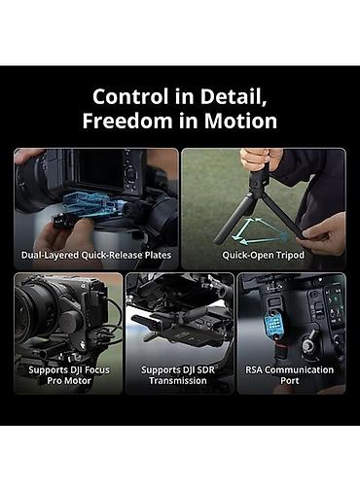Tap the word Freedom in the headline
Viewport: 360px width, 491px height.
tap(126, 121)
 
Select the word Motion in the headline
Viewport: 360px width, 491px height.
tap(240, 121)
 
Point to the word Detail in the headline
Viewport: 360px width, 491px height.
tap(234, 97)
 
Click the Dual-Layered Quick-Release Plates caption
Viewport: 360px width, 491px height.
tap(96, 255)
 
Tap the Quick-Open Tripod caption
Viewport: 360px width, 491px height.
tap(263, 255)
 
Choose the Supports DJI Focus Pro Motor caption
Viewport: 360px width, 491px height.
tap(69, 375)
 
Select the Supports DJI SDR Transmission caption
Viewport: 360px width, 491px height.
tap(178, 375)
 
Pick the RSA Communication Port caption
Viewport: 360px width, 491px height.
tap(289, 375)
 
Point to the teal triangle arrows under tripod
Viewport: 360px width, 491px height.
tap(258, 231)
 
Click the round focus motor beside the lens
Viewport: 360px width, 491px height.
tap(69, 323)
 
